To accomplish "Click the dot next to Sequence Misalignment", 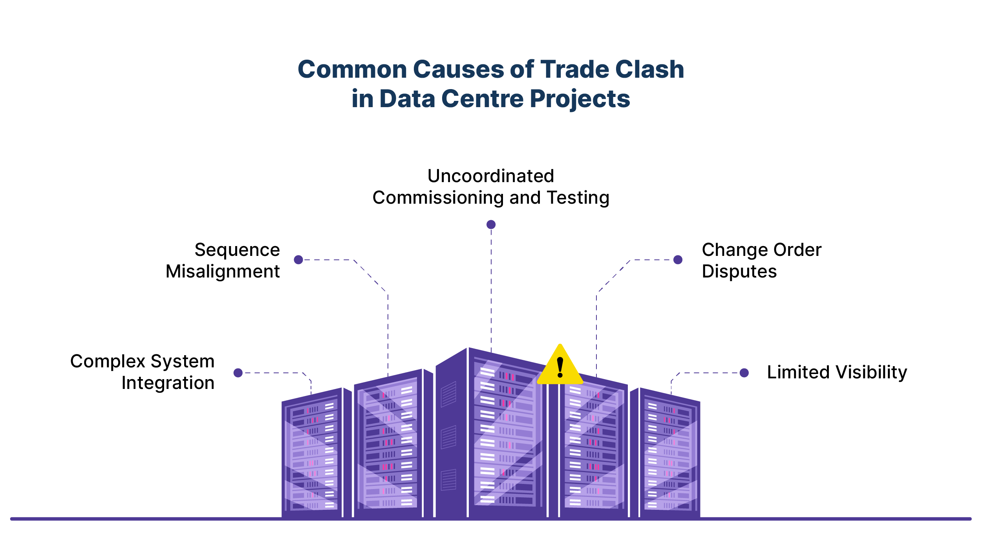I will (x=298, y=259).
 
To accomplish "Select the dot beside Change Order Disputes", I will (x=678, y=259).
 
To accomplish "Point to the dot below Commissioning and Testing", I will (x=491, y=224).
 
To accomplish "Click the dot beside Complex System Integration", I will (x=238, y=373).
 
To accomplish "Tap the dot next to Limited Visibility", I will (x=744, y=373).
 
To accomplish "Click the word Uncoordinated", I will (x=491, y=176).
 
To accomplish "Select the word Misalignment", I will (x=223, y=272).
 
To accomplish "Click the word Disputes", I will (x=739, y=272).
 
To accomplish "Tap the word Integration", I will (x=168, y=383).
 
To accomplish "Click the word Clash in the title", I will (x=649, y=69).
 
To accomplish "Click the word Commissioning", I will (x=437, y=198).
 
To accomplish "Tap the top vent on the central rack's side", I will (x=448, y=394).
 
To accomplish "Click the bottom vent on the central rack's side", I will (x=448, y=480).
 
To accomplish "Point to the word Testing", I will (x=578, y=198).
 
